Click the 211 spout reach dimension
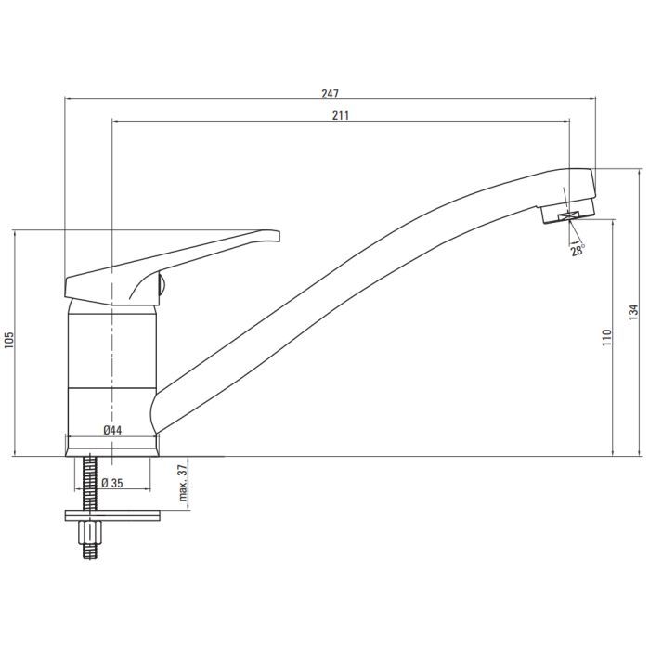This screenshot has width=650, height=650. (339, 115)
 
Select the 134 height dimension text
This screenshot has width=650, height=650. (634, 312)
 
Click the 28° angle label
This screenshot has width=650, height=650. (578, 250)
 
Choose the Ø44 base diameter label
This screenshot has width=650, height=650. (112, 430)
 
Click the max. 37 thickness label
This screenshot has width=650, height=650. (183, 485)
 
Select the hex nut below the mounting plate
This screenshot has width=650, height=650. (90, 532)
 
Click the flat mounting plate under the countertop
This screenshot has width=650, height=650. (111, 514)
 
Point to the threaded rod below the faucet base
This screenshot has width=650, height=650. (90, 483)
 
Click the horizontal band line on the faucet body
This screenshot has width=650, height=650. (111, 386)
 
